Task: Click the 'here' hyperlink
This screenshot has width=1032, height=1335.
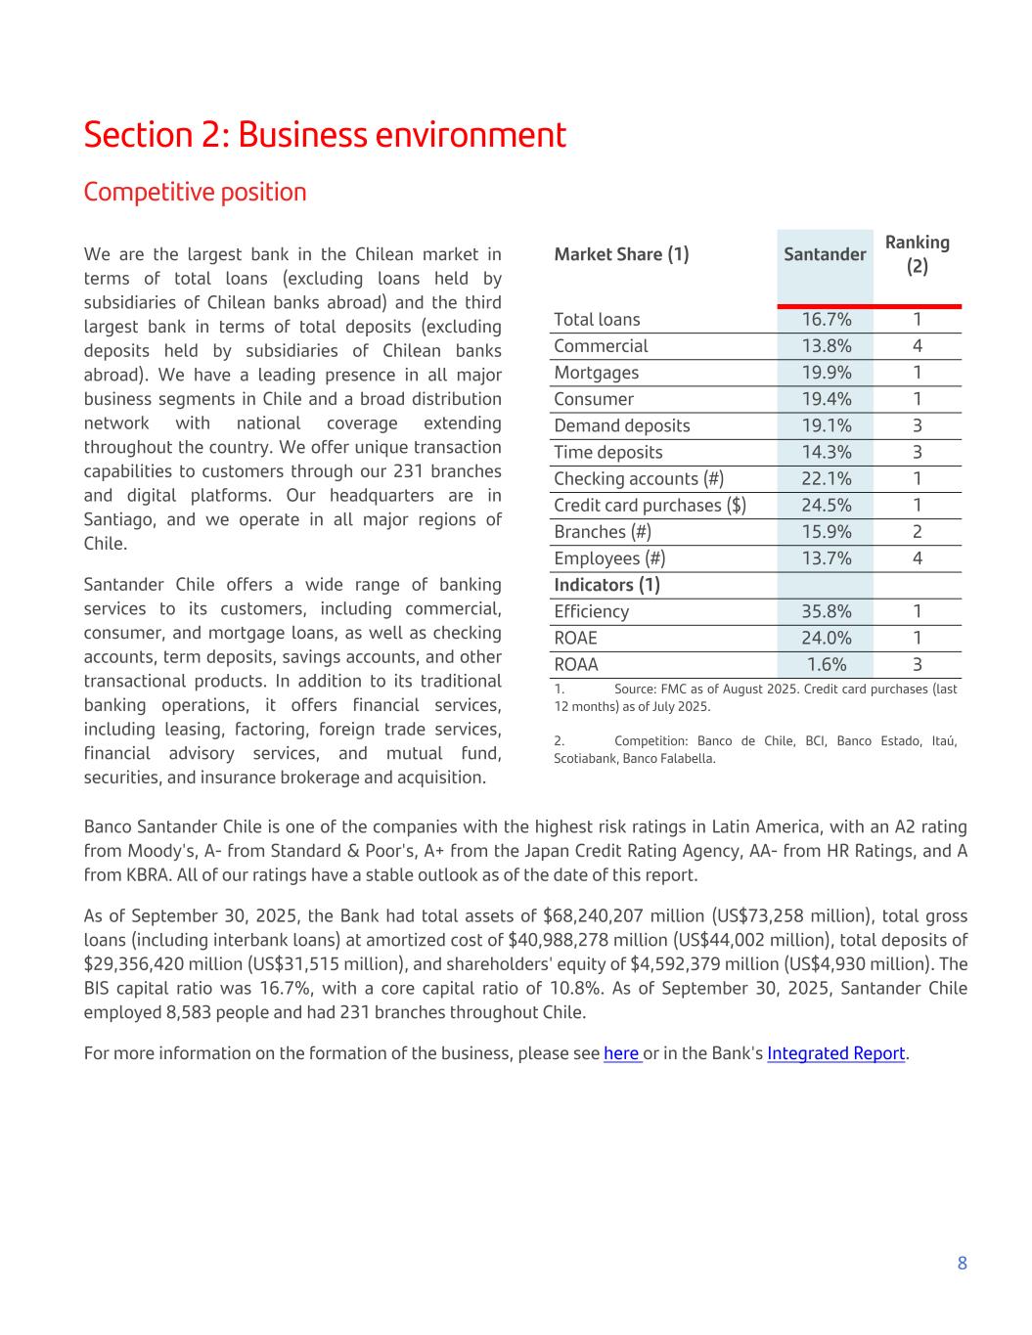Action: pyautogui.click(x=621, y=1053)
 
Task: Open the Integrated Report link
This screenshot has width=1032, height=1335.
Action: pyautogui.click(x=835, y=1053)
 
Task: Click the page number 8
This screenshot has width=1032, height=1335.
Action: pyautogui.click(x=962, y=1263)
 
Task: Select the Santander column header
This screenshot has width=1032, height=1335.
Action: pyautogui.click(x=825, y=254)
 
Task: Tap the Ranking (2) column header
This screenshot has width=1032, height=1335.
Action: pyautogui.click(x=917, y=254)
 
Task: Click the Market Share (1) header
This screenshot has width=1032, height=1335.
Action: pyautogui.click(x=621, y=254)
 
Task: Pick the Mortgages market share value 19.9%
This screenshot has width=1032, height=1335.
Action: pyautogui.click(x=826, y=373)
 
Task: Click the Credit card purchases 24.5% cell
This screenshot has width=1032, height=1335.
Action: pyautogui.click(x=826, y=506)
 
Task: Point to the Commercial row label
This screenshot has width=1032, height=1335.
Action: pyautogui.click(x=601, y=346)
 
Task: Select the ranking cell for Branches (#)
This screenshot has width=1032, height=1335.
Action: pyautogui.click(x=917, y=532)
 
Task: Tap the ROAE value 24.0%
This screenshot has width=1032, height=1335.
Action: pyautogui.click(x=826, y=638)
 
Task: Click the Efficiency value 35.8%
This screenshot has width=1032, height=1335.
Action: pyautogui.click(x=826, y=611)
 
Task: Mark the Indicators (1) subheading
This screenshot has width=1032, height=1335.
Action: pyautogui.click(x=606, y=585)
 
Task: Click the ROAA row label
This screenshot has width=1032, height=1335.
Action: pyautogui.click(x=575, y=664)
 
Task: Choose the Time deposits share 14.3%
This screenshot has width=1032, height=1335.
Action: pyautogui.click(x=826, y=452)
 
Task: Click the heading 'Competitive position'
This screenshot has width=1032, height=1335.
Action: pyautogui.click(x=195, y=192)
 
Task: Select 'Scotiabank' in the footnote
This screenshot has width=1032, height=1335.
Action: pyautogui.click(x=584, y=758)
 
